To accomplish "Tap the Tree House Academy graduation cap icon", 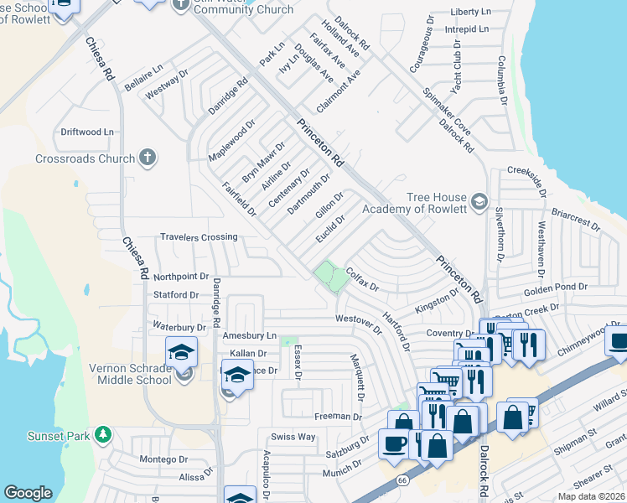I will (x=479, y=201).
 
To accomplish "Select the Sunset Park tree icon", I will (x=102, y=433).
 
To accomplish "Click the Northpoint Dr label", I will (x=181, y=276).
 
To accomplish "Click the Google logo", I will (x=28, y=493).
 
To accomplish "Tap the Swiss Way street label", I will (x=293, y=437).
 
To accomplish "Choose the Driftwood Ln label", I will (x=86, y=132).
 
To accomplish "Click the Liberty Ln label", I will (x=470, y=13).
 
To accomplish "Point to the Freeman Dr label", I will (x=338, y=416).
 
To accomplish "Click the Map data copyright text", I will (x=590, y=496).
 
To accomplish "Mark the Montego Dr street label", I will (x=163, y=459).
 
